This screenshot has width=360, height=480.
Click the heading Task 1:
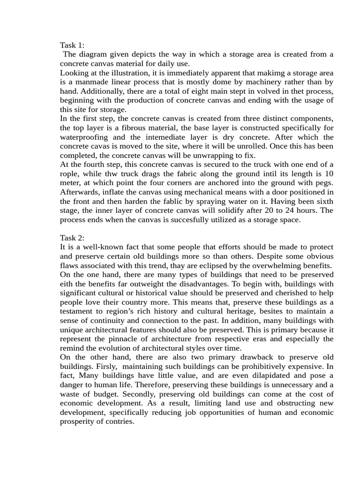(x=72, y=45)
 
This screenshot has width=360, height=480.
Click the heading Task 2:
(x=72, y=238)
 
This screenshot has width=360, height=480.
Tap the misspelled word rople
(x=70, y=174)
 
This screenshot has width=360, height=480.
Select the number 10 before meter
(x=329, y=174)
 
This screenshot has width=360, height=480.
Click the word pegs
(x=323, y=183)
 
